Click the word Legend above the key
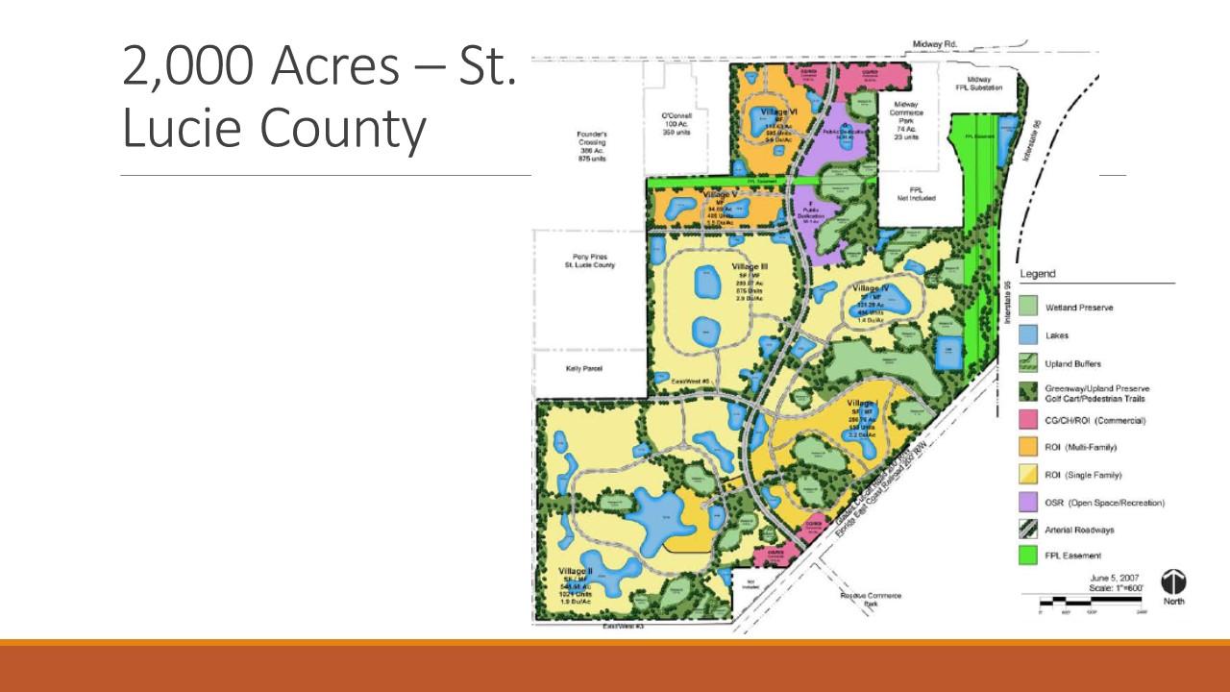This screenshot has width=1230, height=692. click(x=1038, y=274)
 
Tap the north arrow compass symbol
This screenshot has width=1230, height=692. click(x=1174, y=581)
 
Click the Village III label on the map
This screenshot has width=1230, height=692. click(x=750, y=266)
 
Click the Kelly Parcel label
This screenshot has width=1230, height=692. click(x=583, y=368)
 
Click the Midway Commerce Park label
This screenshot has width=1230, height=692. click(x=906, y=115)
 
